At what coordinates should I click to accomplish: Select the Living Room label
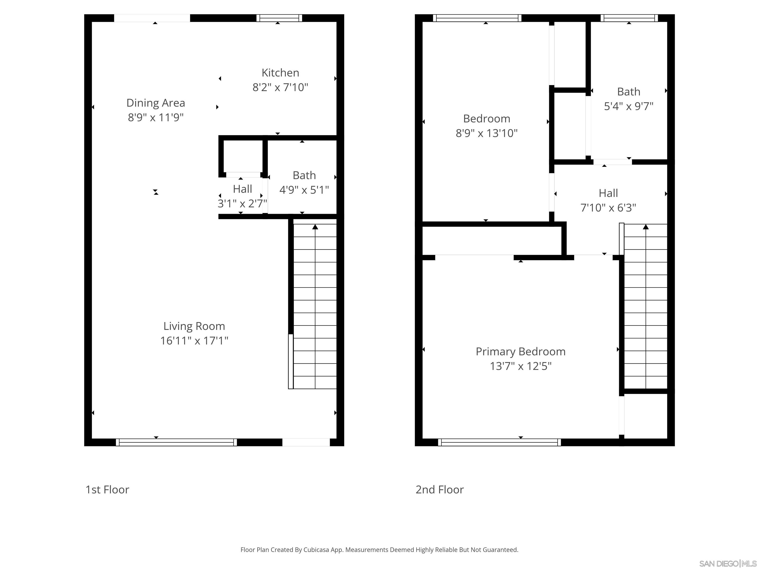194,326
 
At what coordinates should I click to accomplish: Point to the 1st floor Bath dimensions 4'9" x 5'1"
304,190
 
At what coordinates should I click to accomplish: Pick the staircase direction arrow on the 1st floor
315,227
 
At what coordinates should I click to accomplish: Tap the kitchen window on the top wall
279,18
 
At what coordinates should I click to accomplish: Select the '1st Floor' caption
107,489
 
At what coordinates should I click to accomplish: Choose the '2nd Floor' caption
439,489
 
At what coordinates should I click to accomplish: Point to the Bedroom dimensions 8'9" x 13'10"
486,133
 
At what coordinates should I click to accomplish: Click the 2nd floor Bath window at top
629,18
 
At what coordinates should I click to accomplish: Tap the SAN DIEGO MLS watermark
727,564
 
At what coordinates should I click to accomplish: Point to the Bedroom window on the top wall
477,18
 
